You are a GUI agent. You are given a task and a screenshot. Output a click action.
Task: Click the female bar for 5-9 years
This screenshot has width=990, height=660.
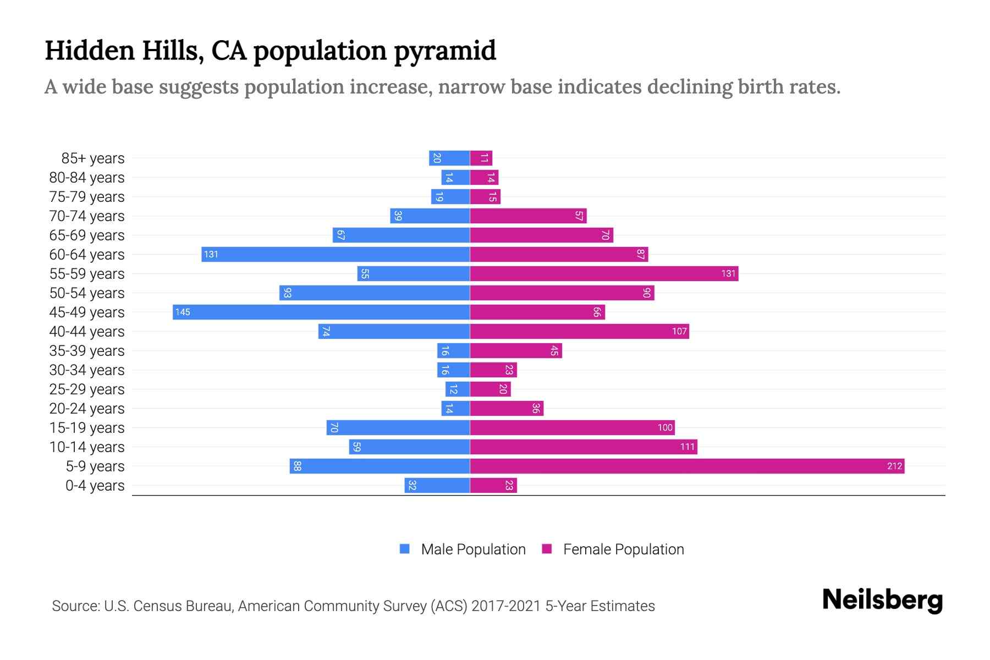pos(687,466)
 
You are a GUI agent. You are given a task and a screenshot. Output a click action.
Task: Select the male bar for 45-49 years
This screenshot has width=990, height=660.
pos(321,312)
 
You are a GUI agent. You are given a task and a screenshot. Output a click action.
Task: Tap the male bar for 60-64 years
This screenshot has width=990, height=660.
pos(335,255)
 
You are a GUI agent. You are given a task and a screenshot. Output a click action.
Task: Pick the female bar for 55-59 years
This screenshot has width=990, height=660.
pos(604,274)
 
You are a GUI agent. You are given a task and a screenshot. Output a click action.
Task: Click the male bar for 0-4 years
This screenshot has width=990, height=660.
pos(437,486)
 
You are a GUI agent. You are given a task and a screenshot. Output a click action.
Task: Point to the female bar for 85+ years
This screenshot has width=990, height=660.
pos(481,158)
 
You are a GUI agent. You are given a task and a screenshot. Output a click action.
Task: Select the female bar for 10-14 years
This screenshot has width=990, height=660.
pos(584,447)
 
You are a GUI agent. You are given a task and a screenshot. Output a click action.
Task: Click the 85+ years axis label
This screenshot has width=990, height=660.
pos(93,158)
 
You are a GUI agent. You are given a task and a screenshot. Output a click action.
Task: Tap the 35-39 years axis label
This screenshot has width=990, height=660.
pos(87,351)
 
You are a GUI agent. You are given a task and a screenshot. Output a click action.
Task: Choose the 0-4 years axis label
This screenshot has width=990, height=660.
pos(95,486)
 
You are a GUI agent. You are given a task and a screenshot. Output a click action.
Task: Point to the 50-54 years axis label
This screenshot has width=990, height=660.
pos(87,293)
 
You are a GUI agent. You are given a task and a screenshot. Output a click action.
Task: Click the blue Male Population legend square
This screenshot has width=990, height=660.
pos(405,549)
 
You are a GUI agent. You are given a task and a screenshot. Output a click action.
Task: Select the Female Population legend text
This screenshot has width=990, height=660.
pos(623,549)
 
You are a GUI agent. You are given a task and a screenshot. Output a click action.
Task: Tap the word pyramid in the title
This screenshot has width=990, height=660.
pos(445,51)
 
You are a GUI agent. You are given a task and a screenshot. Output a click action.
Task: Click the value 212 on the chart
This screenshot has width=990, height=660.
pos(894,466)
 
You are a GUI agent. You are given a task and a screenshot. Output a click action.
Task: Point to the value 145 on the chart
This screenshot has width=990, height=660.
pos(183,312)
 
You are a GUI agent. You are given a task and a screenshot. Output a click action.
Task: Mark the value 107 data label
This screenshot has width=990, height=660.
pos(679,332)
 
